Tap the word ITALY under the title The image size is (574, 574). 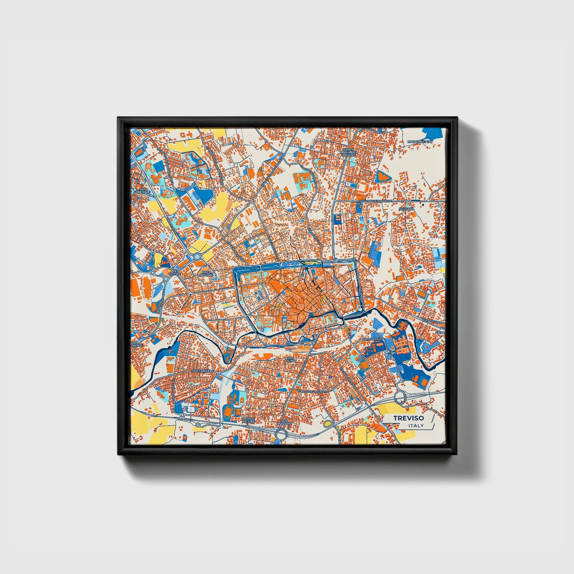(x=416, y=425)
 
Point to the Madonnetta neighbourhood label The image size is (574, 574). (x=419, y=141)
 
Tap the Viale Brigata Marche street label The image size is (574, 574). (x=376, y=201)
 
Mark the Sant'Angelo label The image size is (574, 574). (x=203, y=371)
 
